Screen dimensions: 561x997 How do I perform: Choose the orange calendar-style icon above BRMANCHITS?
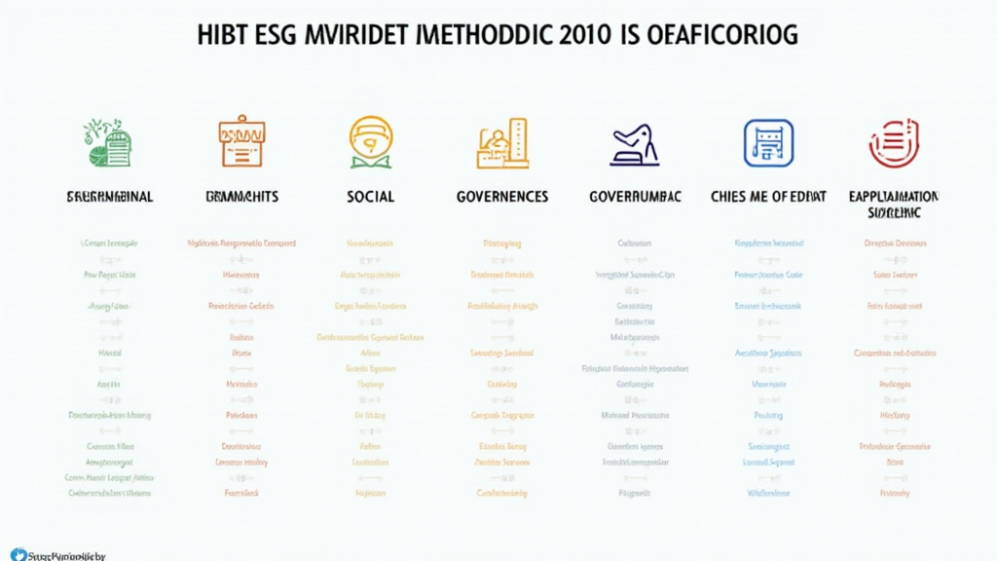click(x=241, y=142)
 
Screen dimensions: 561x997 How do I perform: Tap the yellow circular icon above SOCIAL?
click(x=371, y=142)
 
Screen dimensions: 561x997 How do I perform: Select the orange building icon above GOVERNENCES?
click(x=502, y=143)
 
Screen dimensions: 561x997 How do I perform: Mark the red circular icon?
click(x=894, y=142)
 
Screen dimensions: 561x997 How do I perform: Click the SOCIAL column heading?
click(x=371, y=197)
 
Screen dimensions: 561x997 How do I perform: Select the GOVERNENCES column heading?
click(x=502, y=197)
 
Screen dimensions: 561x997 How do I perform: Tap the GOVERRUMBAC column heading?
click(x=635, y=197)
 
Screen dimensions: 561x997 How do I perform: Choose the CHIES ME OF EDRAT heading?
click(x=768, y=197)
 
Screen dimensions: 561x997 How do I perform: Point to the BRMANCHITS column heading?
click(x=241, y=197)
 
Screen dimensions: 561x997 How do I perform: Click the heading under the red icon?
click(x=894, y=203)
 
